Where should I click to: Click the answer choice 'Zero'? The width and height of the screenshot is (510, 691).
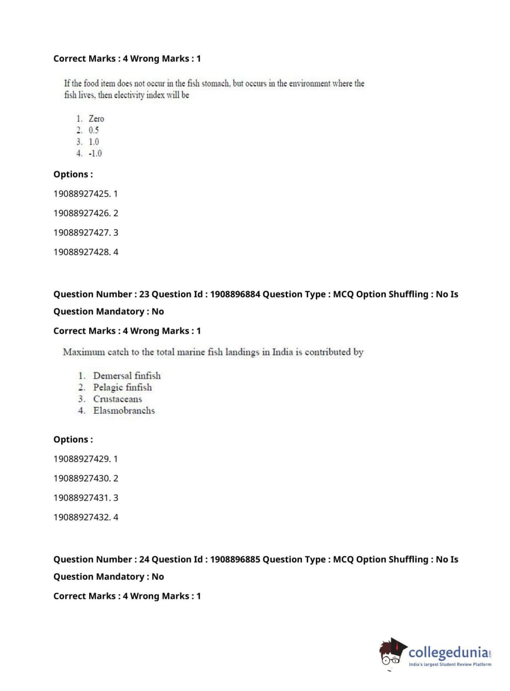[96, 119]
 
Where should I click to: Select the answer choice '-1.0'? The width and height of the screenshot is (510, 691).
[95, 153]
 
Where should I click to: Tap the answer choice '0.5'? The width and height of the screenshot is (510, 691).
[94, 130]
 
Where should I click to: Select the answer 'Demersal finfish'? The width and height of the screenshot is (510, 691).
[126, 376]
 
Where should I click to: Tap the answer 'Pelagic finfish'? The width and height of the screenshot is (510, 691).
[122, 387]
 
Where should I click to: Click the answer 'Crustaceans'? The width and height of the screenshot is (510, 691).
[117, 399]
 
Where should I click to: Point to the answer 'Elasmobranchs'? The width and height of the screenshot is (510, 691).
[124, 411]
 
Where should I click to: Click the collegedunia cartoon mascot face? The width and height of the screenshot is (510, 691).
[391, 653]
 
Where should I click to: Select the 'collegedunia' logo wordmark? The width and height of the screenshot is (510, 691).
[448, 652]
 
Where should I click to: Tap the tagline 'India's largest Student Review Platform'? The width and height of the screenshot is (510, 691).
[450, 664]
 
